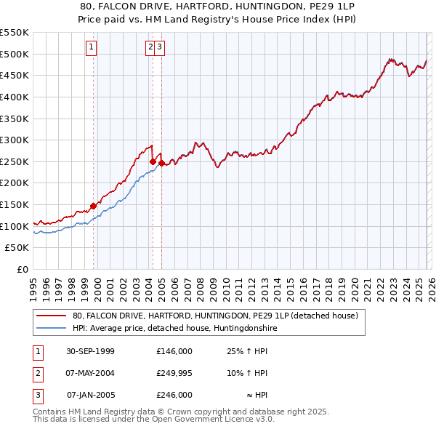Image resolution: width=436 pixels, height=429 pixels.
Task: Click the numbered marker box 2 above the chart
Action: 150,48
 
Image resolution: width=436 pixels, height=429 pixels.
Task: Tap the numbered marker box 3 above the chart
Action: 159,48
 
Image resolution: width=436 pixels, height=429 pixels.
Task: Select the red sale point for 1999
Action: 94,206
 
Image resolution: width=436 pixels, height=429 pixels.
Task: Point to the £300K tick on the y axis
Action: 16,140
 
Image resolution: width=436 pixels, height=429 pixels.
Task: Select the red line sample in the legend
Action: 51,316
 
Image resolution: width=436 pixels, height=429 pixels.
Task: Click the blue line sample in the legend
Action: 51,329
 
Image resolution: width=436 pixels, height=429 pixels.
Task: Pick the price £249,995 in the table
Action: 174,373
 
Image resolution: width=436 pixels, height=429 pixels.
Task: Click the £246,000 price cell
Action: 174,395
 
